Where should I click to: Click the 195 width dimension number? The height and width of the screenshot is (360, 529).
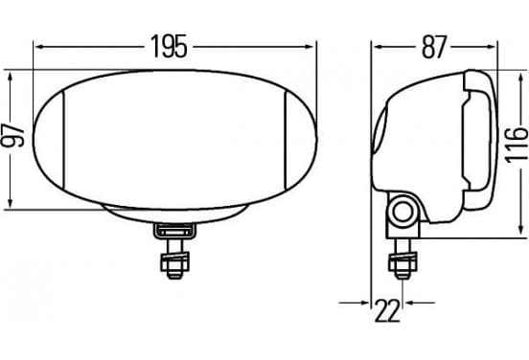click(169, 47)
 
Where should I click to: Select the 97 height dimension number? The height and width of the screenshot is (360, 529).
click(12, 135)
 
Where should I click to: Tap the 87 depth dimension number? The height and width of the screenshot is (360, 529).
click(434, 47)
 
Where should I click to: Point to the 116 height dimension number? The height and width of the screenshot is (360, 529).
click(517, 145)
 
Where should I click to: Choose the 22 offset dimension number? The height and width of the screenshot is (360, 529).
click(387, 310)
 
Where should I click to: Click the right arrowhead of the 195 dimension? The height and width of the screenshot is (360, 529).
click(309, 47)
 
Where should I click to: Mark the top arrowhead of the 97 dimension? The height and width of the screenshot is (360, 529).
click(11, 78)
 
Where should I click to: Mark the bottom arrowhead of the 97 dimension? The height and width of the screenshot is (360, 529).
click(11, 203)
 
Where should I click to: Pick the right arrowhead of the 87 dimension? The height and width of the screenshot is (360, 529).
click(491, 47)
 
